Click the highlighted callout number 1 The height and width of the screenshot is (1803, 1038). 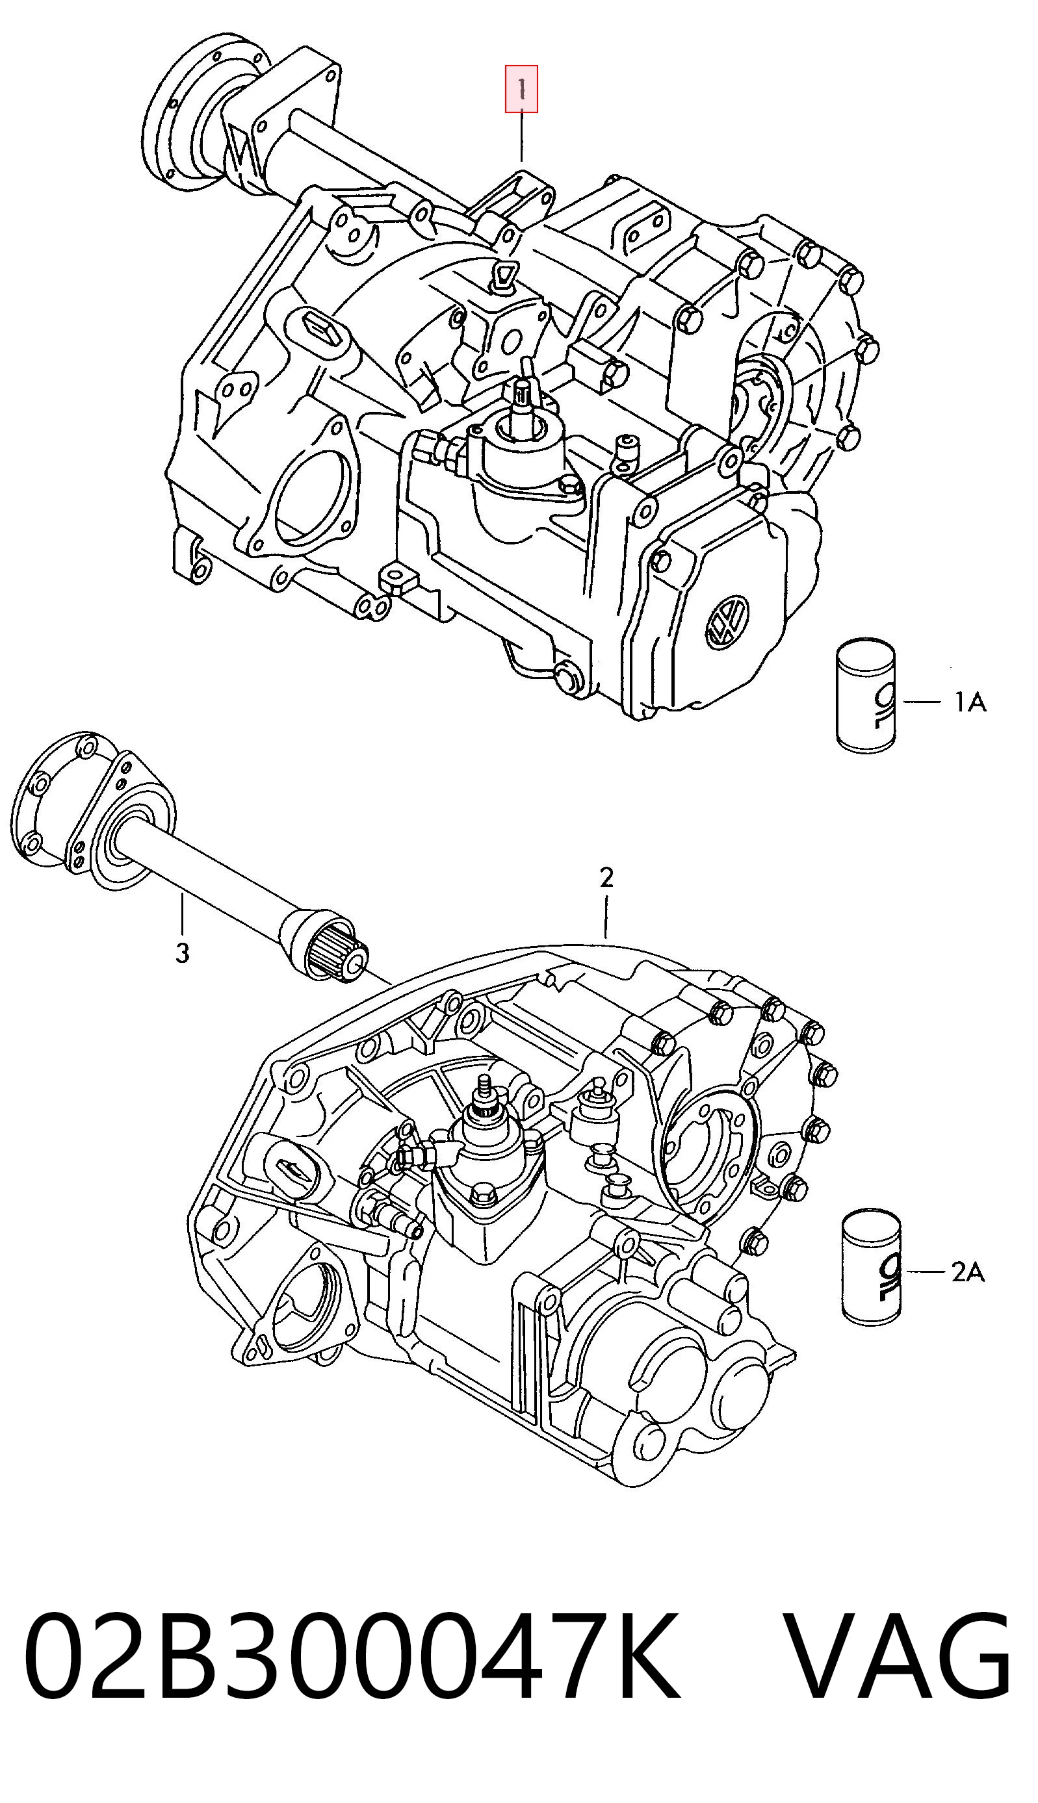point(521,88)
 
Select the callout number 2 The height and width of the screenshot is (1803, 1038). point(606,877)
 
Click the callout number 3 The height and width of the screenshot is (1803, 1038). point(183,953)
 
